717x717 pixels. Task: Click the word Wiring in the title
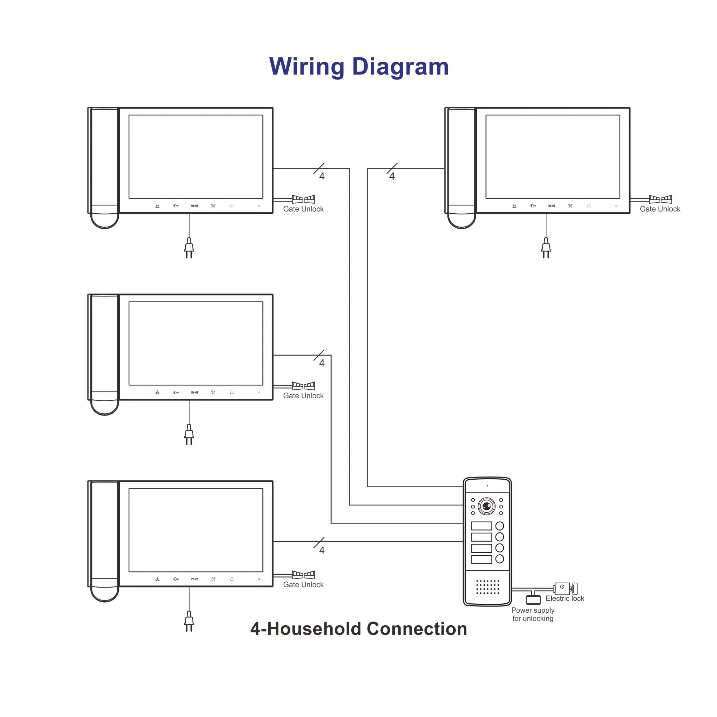click(x=307, y=67)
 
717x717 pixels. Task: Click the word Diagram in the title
click(x=400, y=67)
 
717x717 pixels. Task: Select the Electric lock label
click(x=565, y=598)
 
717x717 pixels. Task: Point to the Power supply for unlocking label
click(x=533, y=614)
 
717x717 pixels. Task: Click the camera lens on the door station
click(x=486, y=506)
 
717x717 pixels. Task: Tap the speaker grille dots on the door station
click(x=488, y=587)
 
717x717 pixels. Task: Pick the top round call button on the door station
click(x=500, y=526)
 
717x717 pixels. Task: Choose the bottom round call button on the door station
click(x=500, y=559)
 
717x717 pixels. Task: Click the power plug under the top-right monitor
click(x=546, y=248)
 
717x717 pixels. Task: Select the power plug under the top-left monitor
click(x=189, y=248)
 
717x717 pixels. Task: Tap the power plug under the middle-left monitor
click(x=189, y=435)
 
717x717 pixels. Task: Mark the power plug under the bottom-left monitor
click(x=189, y=621)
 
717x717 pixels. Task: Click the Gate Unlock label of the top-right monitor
click(x=660, y=209)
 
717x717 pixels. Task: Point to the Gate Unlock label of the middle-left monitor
click(x=303, y=396)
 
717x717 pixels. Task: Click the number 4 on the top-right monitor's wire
click(x=392, y=176)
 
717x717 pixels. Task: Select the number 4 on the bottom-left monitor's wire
click(x=322, y=550)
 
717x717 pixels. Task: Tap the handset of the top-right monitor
click(x=461, y=168)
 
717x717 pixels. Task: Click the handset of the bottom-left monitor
click(x=104, y=541)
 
